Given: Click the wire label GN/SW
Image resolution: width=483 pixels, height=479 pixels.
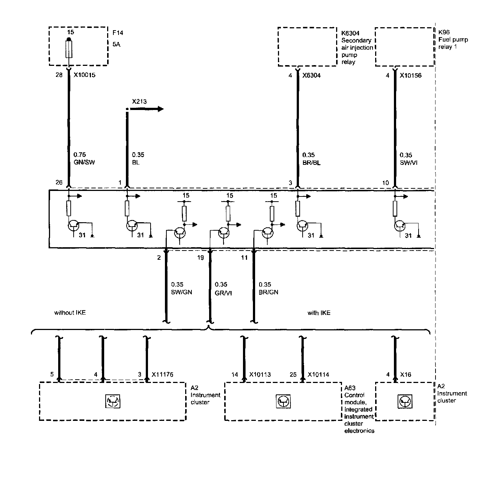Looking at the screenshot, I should click(x=84, y=162).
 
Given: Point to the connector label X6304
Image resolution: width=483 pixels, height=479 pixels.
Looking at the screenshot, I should click(x=311, y=75).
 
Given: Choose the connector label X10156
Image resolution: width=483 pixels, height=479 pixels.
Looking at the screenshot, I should click(x=411, y=75).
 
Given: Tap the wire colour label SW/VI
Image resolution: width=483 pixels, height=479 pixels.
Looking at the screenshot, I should click(x=409, y=163).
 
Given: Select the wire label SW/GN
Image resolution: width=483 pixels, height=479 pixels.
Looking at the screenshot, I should click(x=181, y=292).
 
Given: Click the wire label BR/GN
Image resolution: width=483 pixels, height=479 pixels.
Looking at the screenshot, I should click(x=268, y=292).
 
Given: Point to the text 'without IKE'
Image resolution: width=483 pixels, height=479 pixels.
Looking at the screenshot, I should click(x=70, y=313).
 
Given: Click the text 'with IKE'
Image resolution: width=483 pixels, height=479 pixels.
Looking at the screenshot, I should click(x=319, y=313).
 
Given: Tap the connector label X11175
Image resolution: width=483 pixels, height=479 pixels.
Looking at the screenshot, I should click(x=162, y=375).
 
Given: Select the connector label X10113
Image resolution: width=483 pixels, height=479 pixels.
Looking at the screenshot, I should click(x=260, y=375).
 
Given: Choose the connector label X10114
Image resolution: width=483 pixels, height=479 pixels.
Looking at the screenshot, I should click(x=318, y=375).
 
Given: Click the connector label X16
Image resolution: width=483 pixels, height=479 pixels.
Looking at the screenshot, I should click(x=406, y=375).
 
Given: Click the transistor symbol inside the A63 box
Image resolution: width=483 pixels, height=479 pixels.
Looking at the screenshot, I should click(x=283, y=401).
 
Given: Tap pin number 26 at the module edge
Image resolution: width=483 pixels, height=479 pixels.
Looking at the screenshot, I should click(x=59, y=182).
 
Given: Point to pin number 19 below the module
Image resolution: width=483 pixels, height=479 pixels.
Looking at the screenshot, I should click(x=200, y=258).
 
